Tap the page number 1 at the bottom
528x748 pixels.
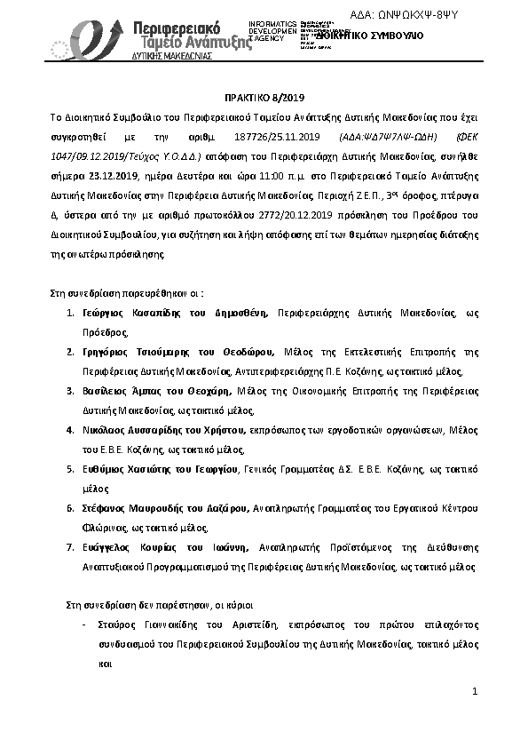coord(475,690)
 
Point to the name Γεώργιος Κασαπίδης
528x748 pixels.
coord(133,314)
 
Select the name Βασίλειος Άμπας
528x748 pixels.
coord(123,391)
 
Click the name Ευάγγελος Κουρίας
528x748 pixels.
coord(128,546)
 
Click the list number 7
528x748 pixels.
coord(71,546)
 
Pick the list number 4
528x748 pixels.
coord(71,429)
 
